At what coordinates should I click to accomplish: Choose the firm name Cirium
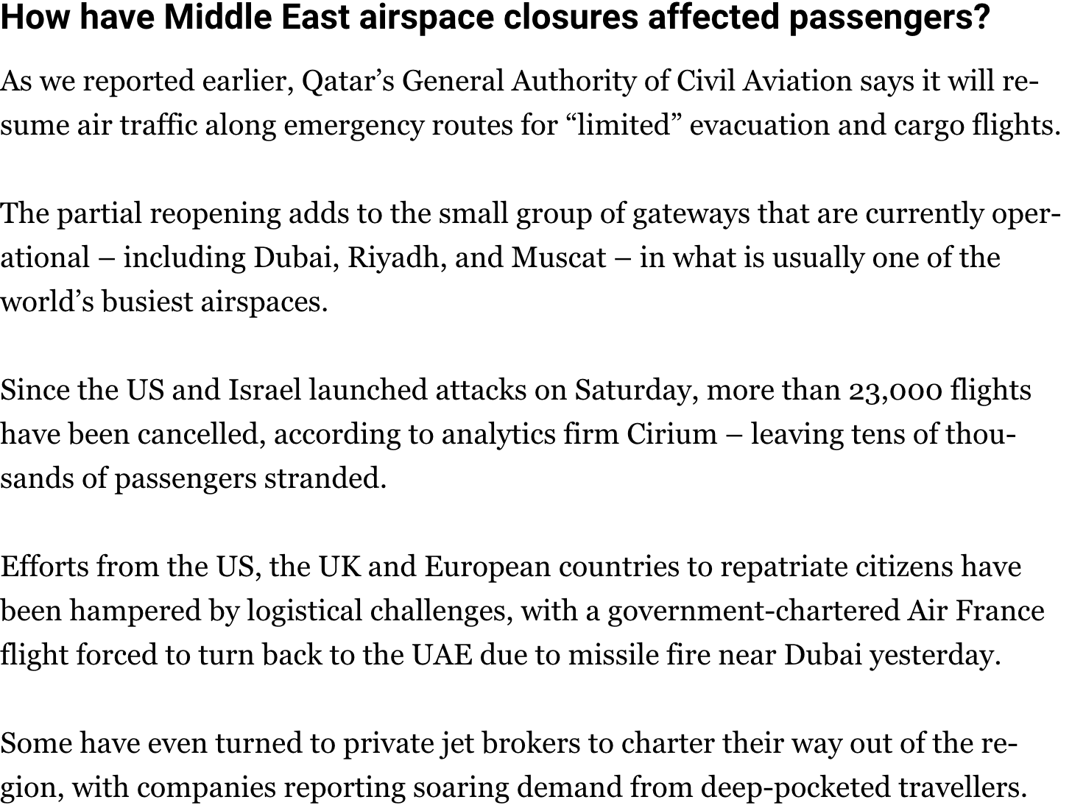(671, 434)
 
